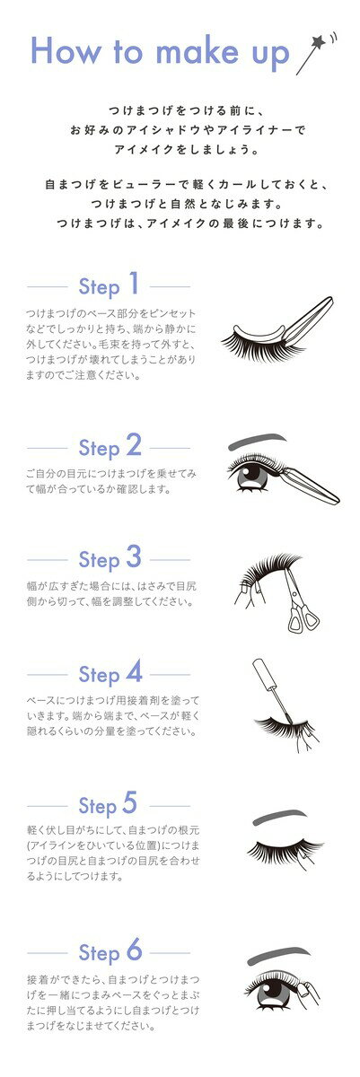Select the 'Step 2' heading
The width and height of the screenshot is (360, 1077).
(x=110, y=445)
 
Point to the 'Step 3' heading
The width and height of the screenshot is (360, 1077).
(x=110, y=558)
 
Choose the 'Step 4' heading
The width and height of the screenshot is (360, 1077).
(x=110, y=673)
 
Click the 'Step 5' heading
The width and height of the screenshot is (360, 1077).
(x=110, y=804)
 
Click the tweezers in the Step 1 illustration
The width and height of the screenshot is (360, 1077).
(x=301, y=319)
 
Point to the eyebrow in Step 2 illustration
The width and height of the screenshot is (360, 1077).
(x=258, y=442)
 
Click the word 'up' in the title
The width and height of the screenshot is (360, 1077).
(x=266, y=54)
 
